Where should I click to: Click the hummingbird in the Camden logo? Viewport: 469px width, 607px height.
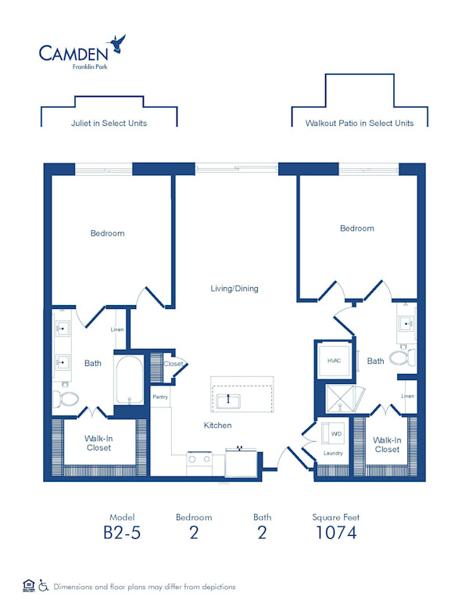[x=116, y=43]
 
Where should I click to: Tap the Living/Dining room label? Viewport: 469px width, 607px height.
[x=234, y=289]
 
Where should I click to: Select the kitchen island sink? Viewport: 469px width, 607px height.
[x=228, y=401]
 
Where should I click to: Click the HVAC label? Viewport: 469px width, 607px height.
[x=334, y=361]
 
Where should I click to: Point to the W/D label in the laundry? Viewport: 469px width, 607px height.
[x=336, y=434]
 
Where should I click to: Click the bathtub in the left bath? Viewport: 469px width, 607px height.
[x=129, y=380]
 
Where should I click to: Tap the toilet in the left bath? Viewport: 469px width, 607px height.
[x=66, y=398]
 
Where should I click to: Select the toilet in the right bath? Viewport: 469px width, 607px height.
[x=403, y=357]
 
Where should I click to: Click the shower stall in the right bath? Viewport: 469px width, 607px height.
[x=340, y=399]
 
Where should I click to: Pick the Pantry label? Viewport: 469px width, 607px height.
[x=160, y=397]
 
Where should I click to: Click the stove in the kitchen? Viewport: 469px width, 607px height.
[x=199, y=463]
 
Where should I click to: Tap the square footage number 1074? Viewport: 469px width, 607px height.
[x=336, y=533]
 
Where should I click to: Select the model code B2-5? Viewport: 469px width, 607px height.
[x=122, y=533]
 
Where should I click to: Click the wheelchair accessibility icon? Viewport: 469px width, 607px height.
[x=43, y=585]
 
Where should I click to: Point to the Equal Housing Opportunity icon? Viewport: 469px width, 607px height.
[x=29, y=586]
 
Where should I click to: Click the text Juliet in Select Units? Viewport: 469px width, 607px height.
[x=109, y=123]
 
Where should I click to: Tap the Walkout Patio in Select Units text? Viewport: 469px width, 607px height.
[x=360, y=123]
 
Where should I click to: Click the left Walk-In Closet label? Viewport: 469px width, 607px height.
[x=98, y=444]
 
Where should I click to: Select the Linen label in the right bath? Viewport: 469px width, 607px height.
[x=408, y=396]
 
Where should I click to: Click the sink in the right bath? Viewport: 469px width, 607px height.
[x=406, y=323]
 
